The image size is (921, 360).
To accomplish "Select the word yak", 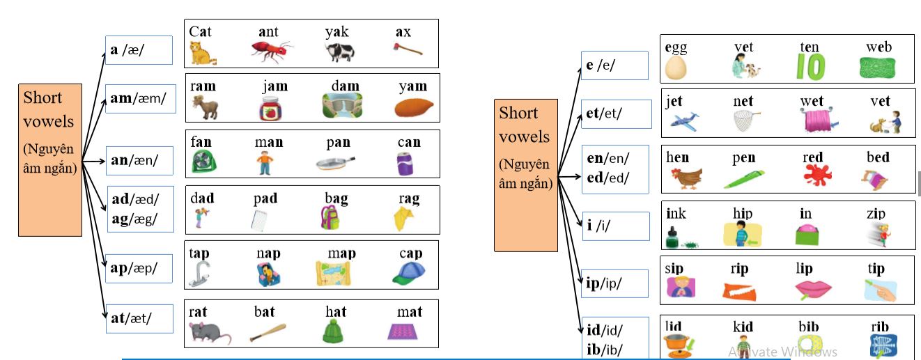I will [336, 32].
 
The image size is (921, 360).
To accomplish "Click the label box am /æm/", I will [139, 99].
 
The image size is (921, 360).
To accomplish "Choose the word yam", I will [412, 86].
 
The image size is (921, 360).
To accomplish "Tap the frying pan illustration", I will [336, 164].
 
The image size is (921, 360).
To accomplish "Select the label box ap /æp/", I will [139, 269].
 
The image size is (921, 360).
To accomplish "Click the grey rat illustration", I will [209, 332].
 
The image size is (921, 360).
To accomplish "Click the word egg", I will [676, 47].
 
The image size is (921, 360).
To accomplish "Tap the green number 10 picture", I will [811, 67].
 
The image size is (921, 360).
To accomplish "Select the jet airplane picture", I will [684, 120].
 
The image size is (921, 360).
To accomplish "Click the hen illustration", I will [686, 178].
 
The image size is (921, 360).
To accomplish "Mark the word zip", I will [876, 214].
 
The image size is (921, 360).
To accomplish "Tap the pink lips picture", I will [812, 289].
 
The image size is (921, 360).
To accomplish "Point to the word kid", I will [743, 327].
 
